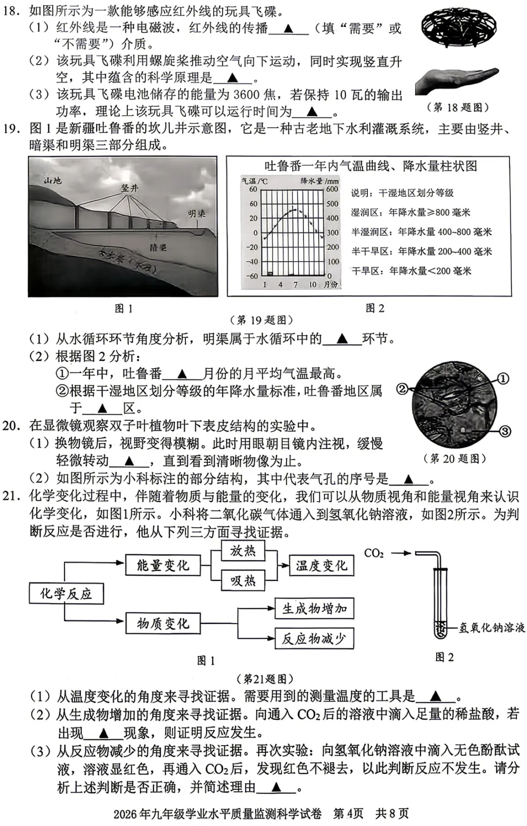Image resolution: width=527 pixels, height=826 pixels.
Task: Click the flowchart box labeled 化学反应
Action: (x=66, y=593)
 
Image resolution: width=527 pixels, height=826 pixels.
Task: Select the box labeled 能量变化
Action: (x=163, y=565)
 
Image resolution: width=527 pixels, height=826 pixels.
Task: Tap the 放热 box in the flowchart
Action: (x=243, y=551)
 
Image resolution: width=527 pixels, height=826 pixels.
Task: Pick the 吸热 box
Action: (x=243, y=580)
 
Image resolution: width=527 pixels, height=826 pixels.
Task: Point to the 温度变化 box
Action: (x=321, y=566)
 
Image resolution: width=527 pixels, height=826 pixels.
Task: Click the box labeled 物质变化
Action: (x=163, y=623)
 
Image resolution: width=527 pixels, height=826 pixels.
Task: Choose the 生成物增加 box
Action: (x=314, y=609)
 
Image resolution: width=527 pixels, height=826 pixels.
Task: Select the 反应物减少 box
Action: (x=314, y=638)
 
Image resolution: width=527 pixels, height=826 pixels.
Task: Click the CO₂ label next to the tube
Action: (x=374, y=553)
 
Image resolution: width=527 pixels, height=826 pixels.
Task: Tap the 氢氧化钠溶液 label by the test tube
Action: (x=491, y=628)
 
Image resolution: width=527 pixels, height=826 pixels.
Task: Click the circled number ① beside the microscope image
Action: (x=503, y=378)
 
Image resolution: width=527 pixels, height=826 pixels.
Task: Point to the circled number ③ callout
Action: (x=505, y=431)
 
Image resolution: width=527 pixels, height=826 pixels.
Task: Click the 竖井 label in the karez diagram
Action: (x=130, y=188)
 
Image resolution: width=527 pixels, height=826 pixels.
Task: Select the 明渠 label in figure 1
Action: (x=197, y=214)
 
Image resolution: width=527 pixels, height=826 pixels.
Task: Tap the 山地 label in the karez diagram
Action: (x=53, y=180)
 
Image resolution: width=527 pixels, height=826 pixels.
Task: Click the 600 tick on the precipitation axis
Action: (x=332, y=189)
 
